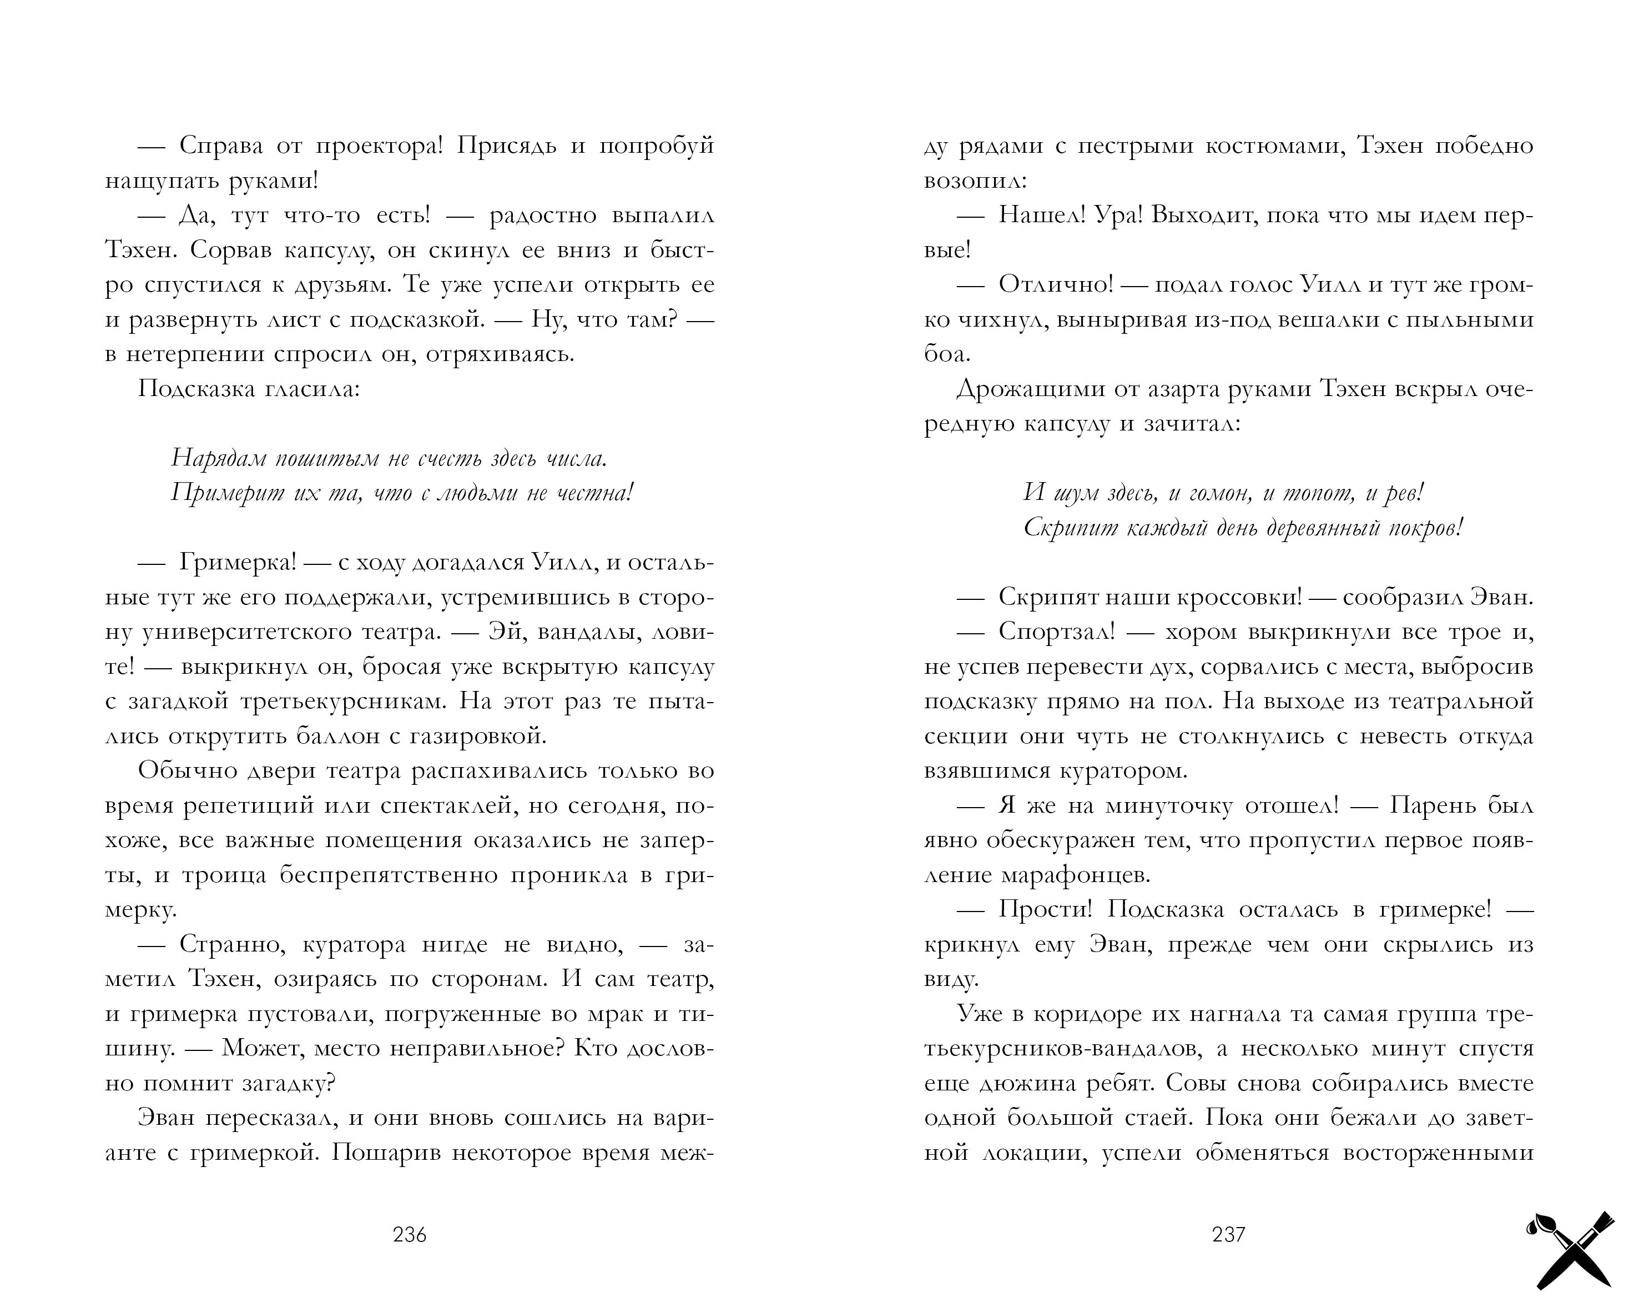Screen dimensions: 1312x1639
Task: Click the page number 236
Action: click(410, 1234)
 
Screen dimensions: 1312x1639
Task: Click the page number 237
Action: click(1228, 1234)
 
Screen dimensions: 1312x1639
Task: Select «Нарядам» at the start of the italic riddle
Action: click(218, 458)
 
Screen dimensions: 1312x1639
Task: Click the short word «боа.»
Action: click(947, 354)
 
